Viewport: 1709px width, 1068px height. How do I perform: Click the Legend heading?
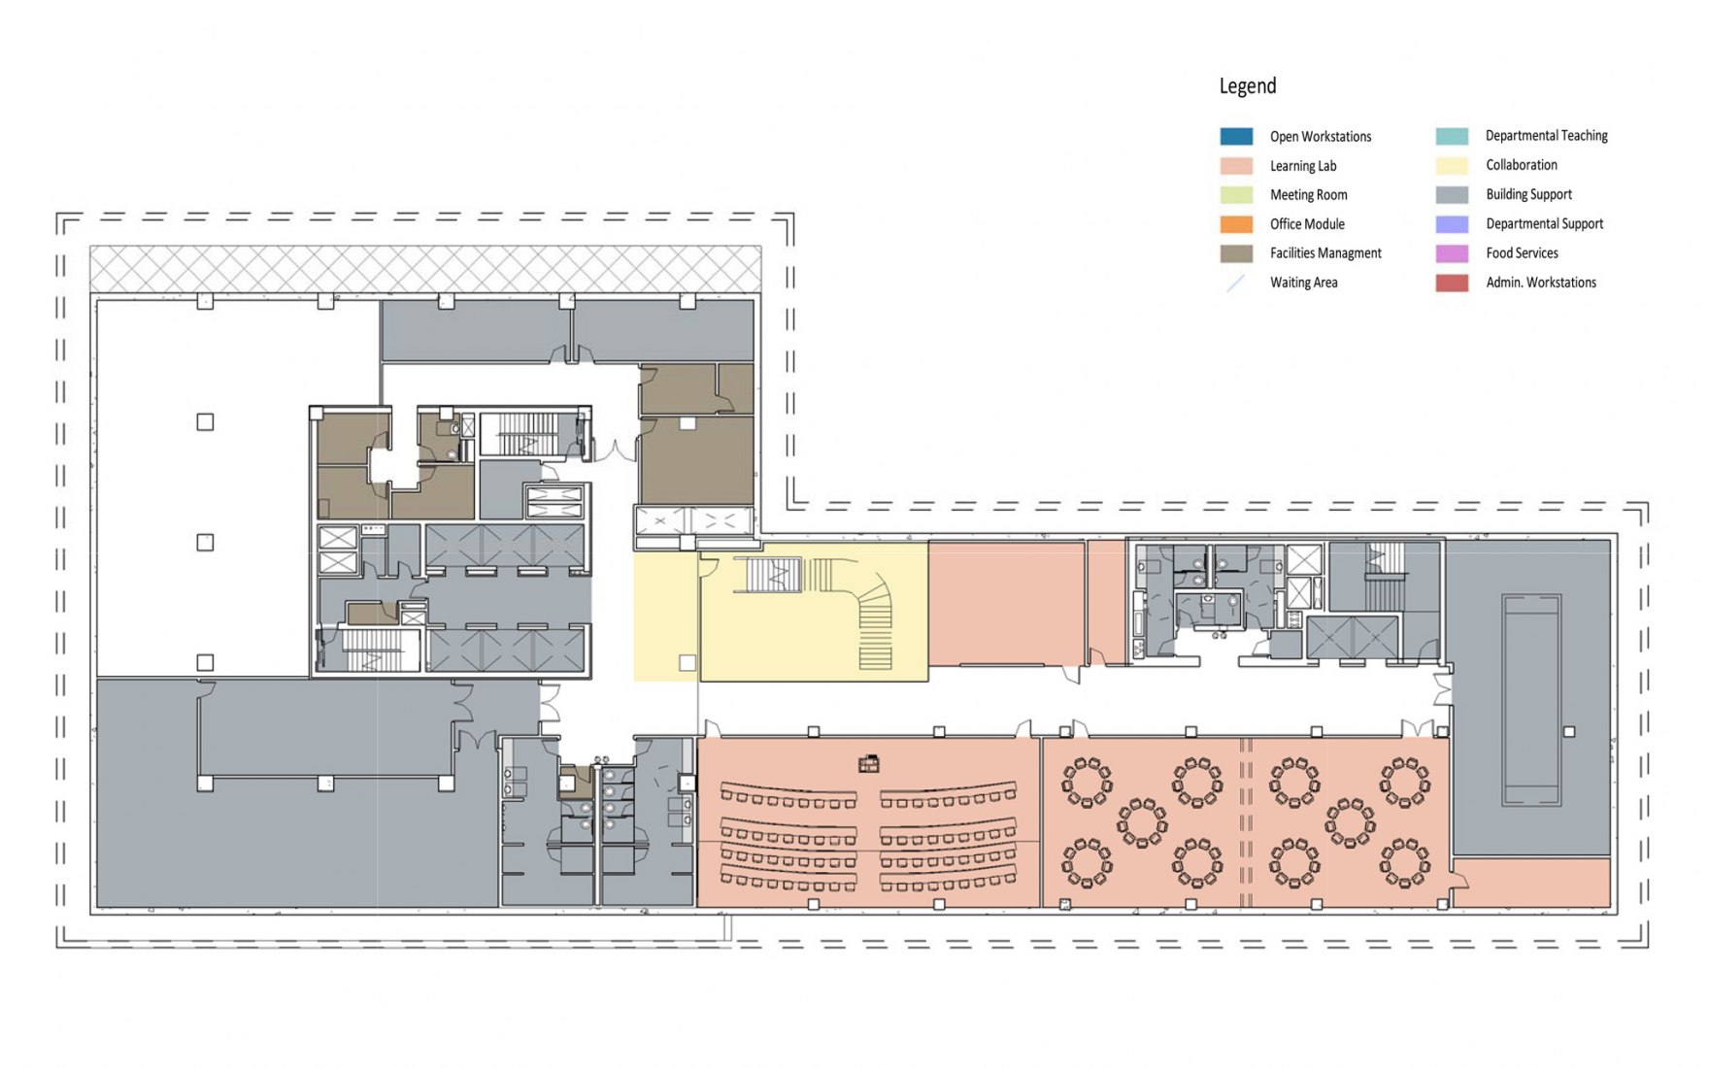tap(1247, 86)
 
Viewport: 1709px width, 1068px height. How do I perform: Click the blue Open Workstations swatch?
tap(1236, 136)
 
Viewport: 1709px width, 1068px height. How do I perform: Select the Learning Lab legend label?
tap(1303, 166)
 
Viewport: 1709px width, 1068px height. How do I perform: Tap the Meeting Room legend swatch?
tap(1236, 195)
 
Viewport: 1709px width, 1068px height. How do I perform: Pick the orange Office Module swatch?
tap(1236, 224)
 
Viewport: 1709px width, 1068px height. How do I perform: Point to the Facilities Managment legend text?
tap(1325, 253)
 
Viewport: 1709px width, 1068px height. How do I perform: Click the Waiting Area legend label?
tap(1304, 283)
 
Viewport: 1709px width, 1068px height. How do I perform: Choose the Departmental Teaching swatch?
tap(1452, 136)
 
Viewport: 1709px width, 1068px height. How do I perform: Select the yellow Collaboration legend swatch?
tap(1452, 165)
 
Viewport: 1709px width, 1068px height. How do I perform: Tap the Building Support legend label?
tap(1528, 194)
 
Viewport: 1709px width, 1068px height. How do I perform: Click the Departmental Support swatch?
tap(1452, 224)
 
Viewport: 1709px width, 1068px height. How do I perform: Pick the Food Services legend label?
tap(1522, 253)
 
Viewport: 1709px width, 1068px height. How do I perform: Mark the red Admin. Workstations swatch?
tap(1452, 283)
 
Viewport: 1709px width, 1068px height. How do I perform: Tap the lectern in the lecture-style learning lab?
tap(869, 764)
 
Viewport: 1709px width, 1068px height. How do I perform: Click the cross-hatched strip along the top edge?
tap(425, 269)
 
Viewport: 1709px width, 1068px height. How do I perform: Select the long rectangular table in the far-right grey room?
tap(1531, 700)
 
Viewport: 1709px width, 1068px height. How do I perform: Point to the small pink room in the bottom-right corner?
tap(1531, 883)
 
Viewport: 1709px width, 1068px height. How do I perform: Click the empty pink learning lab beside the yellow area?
tap(1006, 603)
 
